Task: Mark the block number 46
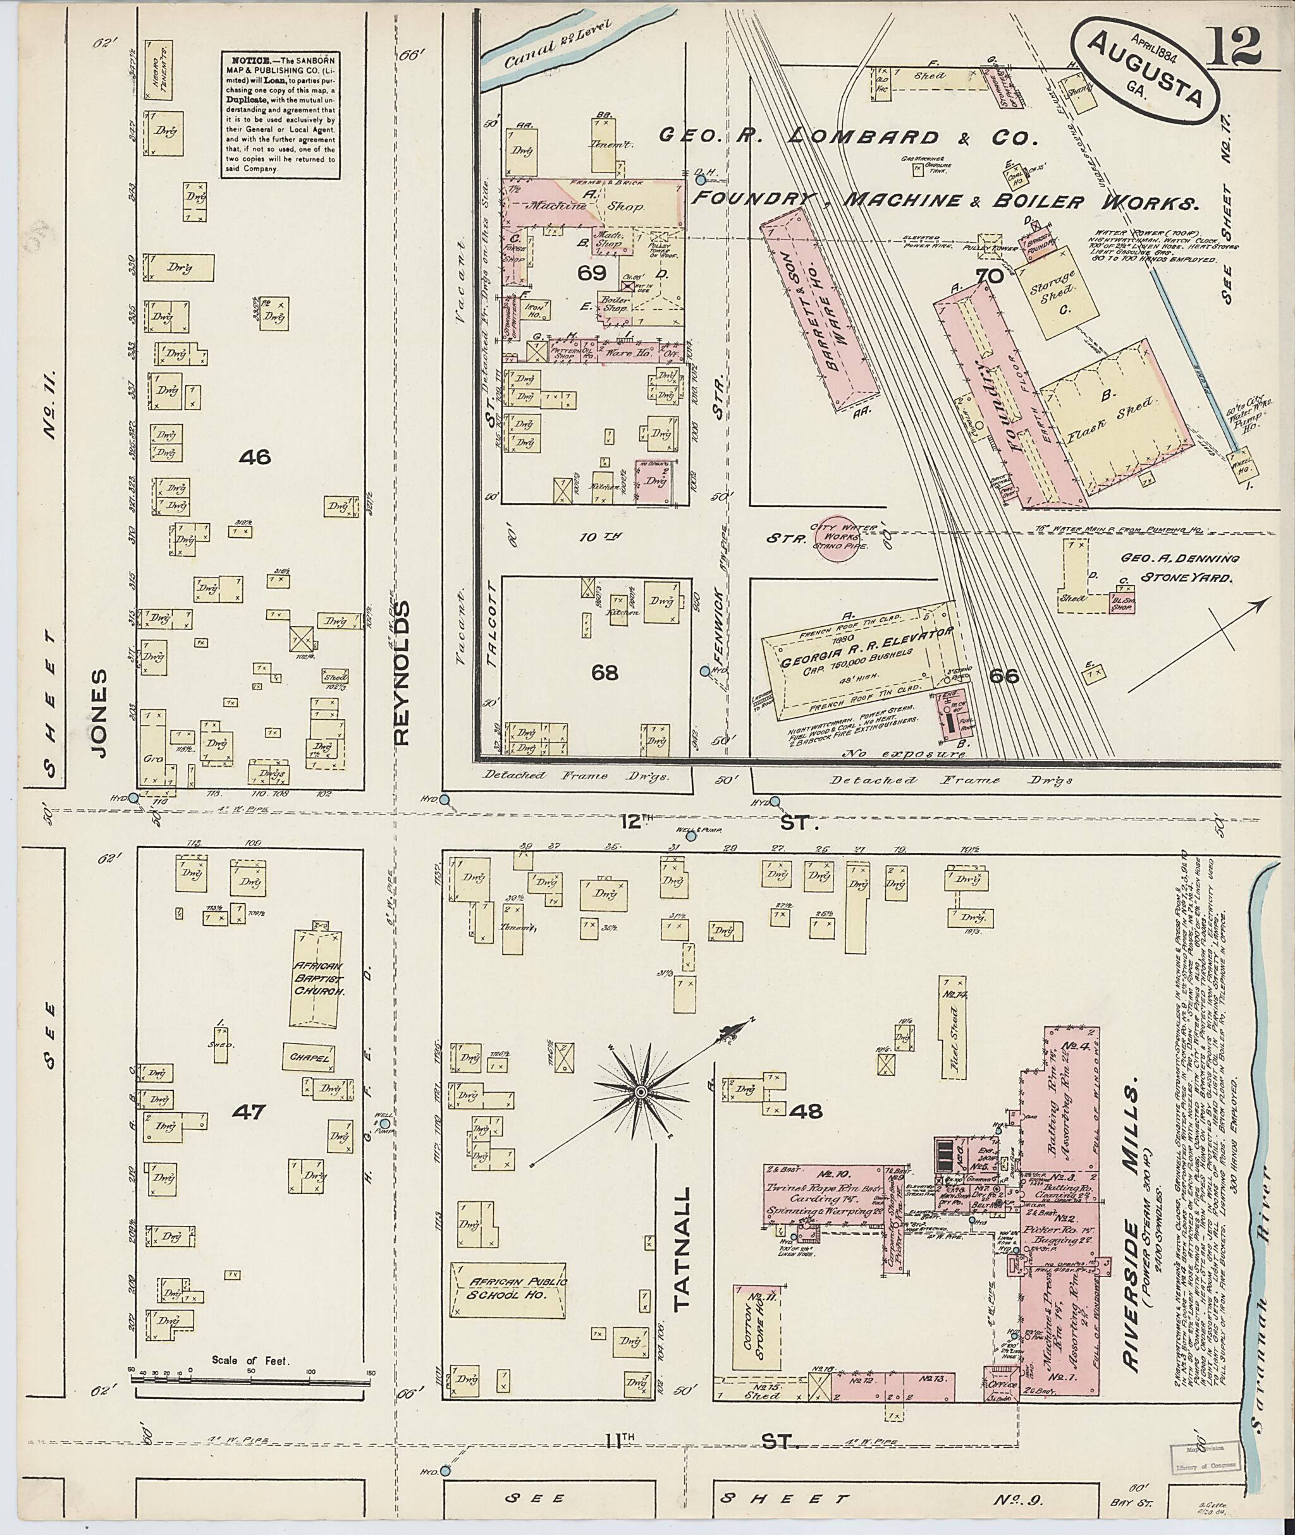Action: coord(255,457)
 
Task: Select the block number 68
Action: coord(605,672)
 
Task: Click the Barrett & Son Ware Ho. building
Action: coord(819,307)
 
